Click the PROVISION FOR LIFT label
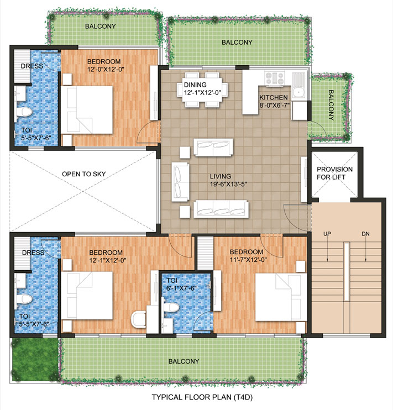point(335,172)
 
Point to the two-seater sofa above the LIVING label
point(213,148)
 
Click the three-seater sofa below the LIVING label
point(221,209)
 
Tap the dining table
point(202,87)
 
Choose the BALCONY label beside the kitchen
point(331,105)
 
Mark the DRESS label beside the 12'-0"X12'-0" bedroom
point(32,66)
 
